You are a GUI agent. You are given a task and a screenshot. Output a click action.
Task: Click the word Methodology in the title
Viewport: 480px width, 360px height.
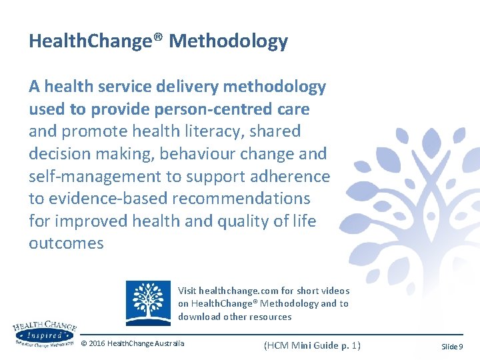[x=228, y=41]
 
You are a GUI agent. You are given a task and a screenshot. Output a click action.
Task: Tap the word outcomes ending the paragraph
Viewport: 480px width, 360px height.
[x=66, y=243]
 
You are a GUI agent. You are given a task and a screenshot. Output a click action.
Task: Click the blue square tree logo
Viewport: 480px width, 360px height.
[x=148, y=303]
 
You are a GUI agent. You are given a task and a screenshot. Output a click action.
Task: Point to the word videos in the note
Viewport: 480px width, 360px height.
[x=335, y=291]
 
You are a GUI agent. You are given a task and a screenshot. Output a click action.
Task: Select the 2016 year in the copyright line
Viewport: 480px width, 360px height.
[x=98, y=344]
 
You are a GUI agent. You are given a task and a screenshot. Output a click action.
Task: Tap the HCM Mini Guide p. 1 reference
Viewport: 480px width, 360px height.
[x=312, y=345]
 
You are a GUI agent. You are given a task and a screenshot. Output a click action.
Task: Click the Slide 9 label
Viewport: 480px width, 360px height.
[x=452, y=347]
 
